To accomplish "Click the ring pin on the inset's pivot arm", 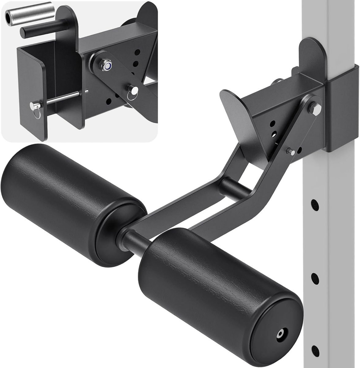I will pos(134,90).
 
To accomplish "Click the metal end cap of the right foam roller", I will pos(280,334).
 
